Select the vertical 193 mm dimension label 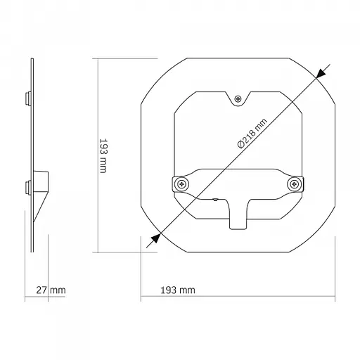pyautogui.click(x=103, y=156)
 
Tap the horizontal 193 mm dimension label pyautogui.click(x=178, y=290)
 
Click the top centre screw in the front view pyautogui.click(x=239, y=99)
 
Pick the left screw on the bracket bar pyautogui.click(x=182, y=184)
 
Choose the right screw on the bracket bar pyautogui.click(x=294, y=184)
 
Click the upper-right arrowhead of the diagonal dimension pyautogui.click(x=321, y=72)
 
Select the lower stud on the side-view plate pyautogui.click(x=27, y=187)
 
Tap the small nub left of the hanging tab pyautogui.click(x=214, y=200)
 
